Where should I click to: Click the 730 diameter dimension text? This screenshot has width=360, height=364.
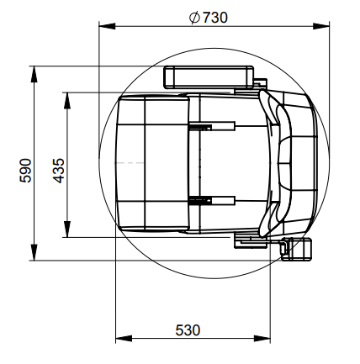214,18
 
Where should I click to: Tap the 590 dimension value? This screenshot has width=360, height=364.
25,171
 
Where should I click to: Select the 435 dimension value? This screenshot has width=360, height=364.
59,171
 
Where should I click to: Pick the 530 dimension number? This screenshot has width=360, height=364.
188,330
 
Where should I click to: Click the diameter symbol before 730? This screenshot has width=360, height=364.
194,18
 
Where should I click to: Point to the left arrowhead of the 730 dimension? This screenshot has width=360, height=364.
107,26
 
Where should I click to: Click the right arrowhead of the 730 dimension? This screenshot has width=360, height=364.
321,26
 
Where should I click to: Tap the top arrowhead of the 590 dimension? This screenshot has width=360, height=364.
34,74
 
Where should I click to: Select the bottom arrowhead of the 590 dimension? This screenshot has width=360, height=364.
34,252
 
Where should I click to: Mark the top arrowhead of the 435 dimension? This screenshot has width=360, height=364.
67,100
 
